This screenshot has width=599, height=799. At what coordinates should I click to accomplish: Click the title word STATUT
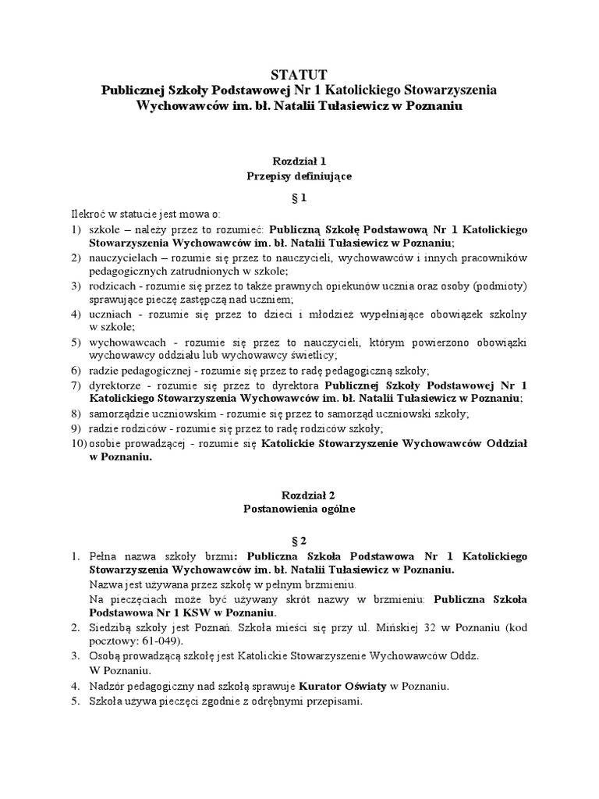[299, 75]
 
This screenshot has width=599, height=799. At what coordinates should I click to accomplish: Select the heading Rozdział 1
[299, 160]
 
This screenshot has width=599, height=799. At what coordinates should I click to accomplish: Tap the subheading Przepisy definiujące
[299, 176]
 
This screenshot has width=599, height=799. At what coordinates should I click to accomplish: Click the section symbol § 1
[299, 198]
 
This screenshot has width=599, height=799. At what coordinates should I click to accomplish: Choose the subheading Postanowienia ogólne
[299, 509]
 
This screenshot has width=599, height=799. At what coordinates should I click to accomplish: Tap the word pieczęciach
[134, 598]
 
